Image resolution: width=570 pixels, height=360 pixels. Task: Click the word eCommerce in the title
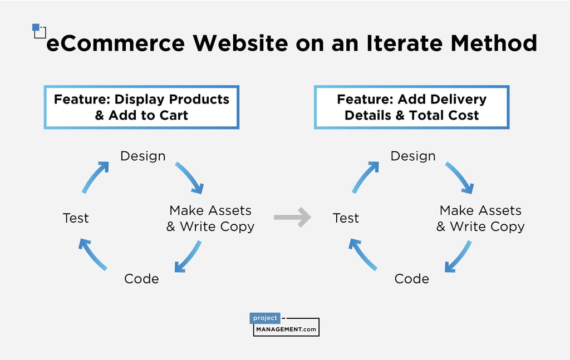click(115, 43)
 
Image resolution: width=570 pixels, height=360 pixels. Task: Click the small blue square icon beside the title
click(37, 28)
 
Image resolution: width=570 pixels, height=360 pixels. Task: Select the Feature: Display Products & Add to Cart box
click(141, 107)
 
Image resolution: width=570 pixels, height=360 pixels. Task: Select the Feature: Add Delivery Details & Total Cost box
click(411, 107)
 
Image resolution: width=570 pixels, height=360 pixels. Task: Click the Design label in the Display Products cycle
click(143, 156)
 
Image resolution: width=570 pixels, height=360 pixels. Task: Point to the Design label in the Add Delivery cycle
click(413, 156)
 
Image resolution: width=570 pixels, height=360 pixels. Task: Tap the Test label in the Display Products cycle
click(76, 218)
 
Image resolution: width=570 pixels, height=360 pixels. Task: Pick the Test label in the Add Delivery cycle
click(346, 218)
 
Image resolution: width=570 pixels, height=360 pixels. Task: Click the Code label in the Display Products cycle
click(141, 278)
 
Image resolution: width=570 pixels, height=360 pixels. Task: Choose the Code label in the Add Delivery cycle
click(411, 278)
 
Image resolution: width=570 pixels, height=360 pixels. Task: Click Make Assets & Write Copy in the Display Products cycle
click(210, 219)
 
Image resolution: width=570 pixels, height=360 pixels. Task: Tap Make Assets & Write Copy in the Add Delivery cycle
click(480, 219)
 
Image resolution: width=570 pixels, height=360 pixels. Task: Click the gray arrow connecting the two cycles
click(292, 217)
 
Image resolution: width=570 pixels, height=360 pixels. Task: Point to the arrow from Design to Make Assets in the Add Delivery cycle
click(460, 177)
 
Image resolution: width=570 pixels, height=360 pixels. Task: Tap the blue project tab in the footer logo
click(265, 318)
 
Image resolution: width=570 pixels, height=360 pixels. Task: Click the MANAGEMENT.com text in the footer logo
click(286, 329)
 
